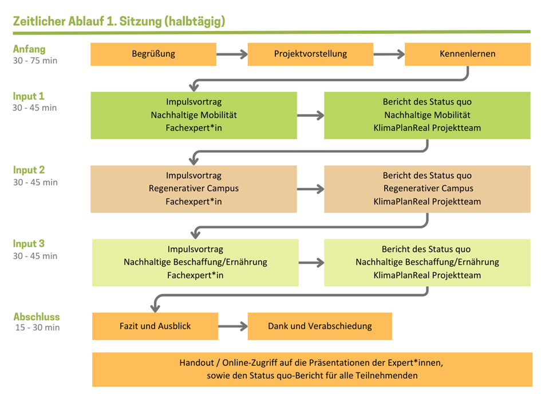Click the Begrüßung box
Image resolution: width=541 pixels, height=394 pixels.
pyautogui.click(x=153, y=54)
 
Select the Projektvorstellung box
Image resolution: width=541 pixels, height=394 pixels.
pyautogui.click(x=310, y=54)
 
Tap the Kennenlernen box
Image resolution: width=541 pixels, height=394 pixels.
pyautogui.click(x=467, y=54)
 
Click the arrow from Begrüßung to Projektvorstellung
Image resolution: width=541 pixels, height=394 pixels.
pyautogui.click(x=232, y=55)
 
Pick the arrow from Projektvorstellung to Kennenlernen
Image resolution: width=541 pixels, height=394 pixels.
pyautogui.click(x=389, y=55)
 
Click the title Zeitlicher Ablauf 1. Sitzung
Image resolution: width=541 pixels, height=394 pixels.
pyautogui.click(x=119, y=21)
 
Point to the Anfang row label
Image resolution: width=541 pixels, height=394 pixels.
pyautogui.click(x=29, y=49)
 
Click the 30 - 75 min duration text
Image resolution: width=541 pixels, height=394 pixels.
pyautogui.click(x=35, y=61)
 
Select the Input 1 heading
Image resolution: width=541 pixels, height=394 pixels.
pyautogui.click(x=29, y=96)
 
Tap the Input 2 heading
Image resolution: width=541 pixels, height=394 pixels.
pyautogui.click(x=29, y=170)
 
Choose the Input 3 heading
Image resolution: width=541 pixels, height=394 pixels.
pyautogui.click(x=29, y=244)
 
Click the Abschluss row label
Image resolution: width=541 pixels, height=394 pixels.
pyautogui.click(x=37, y=317)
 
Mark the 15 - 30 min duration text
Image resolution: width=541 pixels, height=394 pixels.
pyautogui.click(x=37, y=328)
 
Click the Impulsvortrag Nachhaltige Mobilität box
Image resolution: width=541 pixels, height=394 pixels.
pyautogui.click(x=194, y=115)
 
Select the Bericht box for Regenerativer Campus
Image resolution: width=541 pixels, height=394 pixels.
pyautogui.click(x=427, y=189)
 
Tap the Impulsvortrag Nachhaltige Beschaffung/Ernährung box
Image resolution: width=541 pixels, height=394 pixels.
pyautogui.click(x=195, y=262)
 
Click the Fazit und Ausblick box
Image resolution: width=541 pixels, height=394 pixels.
pyautogui.click(x=155, y=326)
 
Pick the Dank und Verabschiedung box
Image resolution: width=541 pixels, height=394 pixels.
pyautogui.click(x=319, y=326)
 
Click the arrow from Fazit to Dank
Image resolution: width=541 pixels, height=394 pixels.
pyautogui.click(x=232, y=326)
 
